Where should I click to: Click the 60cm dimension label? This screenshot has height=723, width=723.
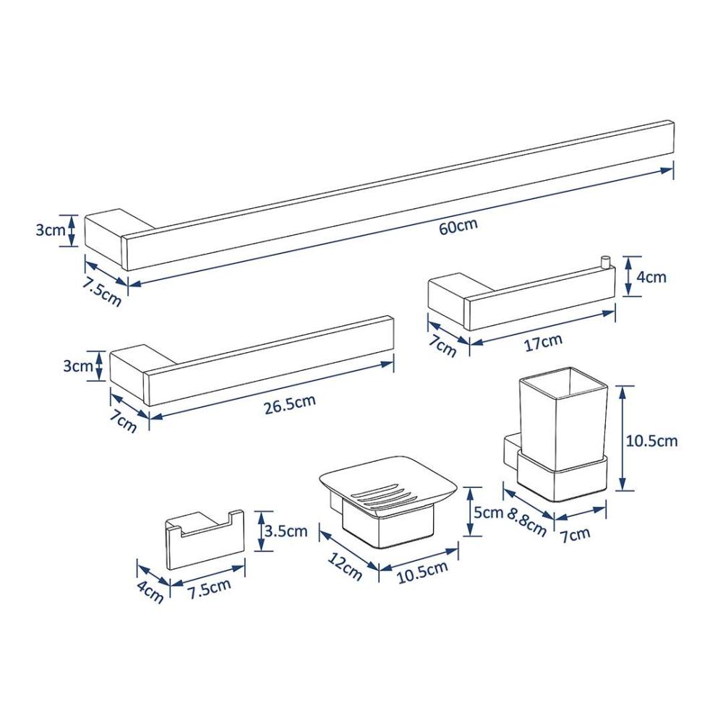point(458,226)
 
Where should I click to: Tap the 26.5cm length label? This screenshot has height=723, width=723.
point(290,403)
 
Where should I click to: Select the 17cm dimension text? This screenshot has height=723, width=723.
point(544,342)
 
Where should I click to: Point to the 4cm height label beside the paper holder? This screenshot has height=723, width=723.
point(651,277)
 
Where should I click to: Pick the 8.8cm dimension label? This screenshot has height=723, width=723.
point(527,521)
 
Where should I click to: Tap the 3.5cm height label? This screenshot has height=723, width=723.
point(286,531)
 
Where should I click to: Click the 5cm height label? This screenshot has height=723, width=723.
point(488,512)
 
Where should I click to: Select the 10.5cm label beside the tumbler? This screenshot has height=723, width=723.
point(651,441)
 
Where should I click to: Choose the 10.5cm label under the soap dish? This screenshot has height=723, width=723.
point(422,572)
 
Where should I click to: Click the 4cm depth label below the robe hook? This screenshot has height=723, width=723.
point(150,592)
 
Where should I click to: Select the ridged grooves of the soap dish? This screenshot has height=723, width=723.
point(382,495)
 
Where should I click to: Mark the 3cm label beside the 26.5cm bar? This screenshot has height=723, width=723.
point(78,366)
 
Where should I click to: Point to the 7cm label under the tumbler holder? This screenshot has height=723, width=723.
point(576,535)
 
